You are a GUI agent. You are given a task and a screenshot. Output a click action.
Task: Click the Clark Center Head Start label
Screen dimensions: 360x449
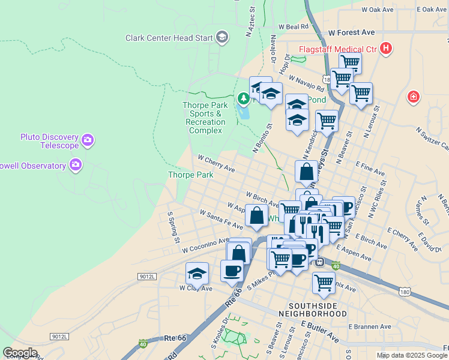(x=169, y=38)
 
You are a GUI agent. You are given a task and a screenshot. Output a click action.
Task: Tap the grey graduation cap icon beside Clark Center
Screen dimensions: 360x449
(x=222, y=38)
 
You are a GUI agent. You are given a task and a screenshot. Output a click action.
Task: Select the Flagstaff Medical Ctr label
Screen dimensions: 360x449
(x=338, y=48)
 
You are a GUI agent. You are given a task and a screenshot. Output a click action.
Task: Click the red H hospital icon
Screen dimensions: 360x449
(x=386, y=48)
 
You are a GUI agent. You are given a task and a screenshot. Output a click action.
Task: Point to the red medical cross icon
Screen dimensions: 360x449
(x=413, y=96)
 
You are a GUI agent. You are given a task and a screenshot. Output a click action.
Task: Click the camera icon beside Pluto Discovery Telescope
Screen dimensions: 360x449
(x=88, y=140)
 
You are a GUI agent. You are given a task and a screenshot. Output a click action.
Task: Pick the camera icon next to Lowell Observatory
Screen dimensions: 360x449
(x=75, y=164)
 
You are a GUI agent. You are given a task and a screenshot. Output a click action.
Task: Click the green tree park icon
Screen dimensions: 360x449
(x=243, y=98)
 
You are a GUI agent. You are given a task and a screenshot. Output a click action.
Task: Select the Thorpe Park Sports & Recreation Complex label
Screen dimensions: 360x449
(x=205, y=118)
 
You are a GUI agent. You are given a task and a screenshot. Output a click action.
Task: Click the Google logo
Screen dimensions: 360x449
(x=20, y=353)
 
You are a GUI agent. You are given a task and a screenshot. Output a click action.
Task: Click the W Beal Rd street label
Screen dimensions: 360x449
(x=293, y=27)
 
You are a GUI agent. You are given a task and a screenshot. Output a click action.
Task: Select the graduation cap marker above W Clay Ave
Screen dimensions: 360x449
(x=197, y=274)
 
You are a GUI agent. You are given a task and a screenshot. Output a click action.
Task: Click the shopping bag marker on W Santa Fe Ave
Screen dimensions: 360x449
(x=257, y=217)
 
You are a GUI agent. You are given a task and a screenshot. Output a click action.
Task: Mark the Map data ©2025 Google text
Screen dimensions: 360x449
(x=412, y=355)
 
